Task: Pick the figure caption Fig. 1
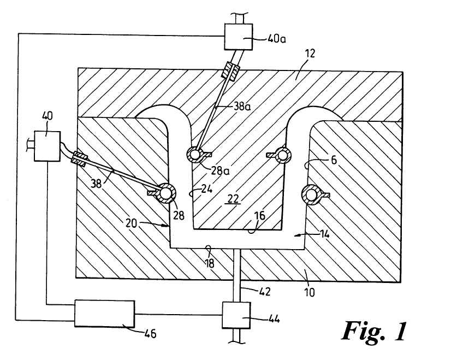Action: tap(376, 329)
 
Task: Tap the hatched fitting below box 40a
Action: tap(229, 72)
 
